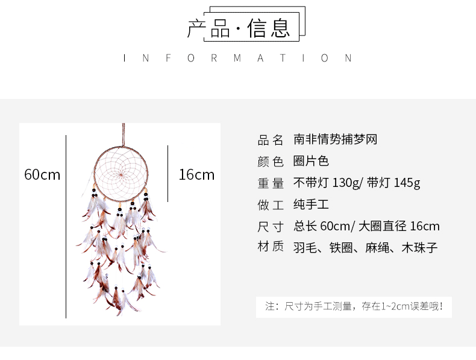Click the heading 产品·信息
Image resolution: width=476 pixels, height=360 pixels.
239,28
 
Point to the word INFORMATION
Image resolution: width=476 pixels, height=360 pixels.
238,58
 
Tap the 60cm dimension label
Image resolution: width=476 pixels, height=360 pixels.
42,175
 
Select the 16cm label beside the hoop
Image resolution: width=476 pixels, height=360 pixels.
196,175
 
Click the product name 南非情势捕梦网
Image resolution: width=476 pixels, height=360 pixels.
335,140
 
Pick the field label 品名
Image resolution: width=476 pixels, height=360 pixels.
270,140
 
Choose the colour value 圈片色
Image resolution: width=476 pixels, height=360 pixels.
311,162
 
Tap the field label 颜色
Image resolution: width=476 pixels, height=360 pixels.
270,162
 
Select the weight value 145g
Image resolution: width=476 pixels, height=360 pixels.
407,183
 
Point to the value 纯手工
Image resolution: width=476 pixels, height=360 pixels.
311,204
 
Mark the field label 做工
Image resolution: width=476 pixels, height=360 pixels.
270,204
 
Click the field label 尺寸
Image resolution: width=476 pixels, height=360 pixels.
270,226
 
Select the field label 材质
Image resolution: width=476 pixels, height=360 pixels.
270,247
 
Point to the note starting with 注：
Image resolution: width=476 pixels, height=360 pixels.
354,306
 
